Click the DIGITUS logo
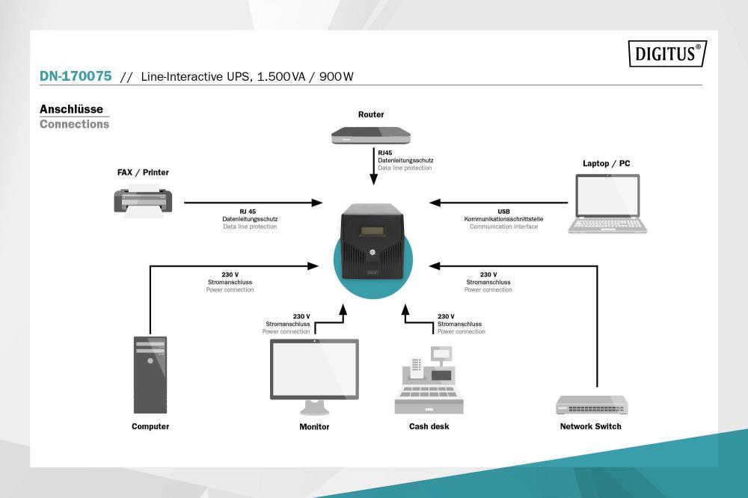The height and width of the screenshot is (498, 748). point(668,54)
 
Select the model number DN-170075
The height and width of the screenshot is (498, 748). point(76,76)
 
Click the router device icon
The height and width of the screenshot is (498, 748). point(371,135)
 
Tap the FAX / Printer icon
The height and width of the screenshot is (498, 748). point(144,200)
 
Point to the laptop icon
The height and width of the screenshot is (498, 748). point(607,203)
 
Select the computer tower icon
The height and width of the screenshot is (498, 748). point(150,375)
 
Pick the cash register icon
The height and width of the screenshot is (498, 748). point(429,381)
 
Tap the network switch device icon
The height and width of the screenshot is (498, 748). point(592,405)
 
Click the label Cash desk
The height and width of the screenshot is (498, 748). point(429,427)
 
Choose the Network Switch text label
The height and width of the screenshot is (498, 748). point(590,427)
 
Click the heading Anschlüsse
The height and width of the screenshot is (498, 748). point(71,109)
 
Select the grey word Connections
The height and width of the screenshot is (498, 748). point(74,124)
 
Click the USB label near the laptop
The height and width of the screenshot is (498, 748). point(503,212)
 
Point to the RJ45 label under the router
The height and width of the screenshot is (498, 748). point(384,153)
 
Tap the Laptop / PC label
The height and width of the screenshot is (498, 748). point(607,164)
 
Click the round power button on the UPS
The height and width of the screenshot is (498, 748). point(371,254)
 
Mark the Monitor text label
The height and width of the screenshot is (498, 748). point(314,427)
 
